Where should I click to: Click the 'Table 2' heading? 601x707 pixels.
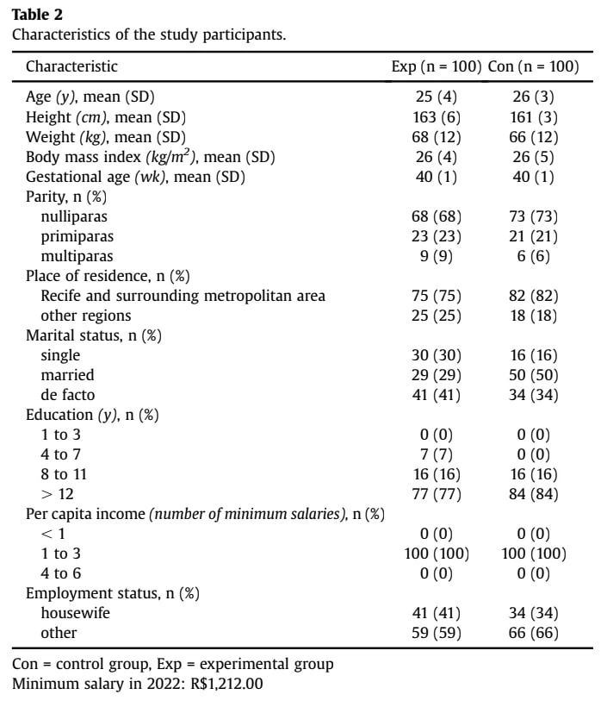(37, 15)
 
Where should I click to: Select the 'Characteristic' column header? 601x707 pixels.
(71, 66)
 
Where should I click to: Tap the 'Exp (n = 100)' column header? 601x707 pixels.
(437, 66)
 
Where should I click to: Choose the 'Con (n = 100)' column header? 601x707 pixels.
(534, 66)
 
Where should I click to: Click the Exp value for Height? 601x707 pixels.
(437, 117)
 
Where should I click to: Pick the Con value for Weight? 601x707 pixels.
(534, 137)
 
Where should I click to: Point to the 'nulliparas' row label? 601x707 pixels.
(74, 216)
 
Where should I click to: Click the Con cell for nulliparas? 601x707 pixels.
(534, 216)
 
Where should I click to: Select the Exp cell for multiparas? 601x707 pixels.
(437, 256)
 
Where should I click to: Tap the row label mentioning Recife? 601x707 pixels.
(183, 296)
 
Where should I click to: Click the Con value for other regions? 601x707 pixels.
(534, 316)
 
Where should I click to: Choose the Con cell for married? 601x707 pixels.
(534, 375)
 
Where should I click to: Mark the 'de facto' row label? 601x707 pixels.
(68, 395)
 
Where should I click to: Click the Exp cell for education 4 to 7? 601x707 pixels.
(437, 454)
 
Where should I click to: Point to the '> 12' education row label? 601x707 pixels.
(57, 494)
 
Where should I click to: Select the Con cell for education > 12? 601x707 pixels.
(534, 494)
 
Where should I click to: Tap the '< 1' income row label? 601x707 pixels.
(53, 534)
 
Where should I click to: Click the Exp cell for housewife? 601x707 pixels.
(437, 613)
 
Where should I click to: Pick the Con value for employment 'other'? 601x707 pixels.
(534, 633)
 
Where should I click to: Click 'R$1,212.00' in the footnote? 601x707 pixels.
(227, 684)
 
